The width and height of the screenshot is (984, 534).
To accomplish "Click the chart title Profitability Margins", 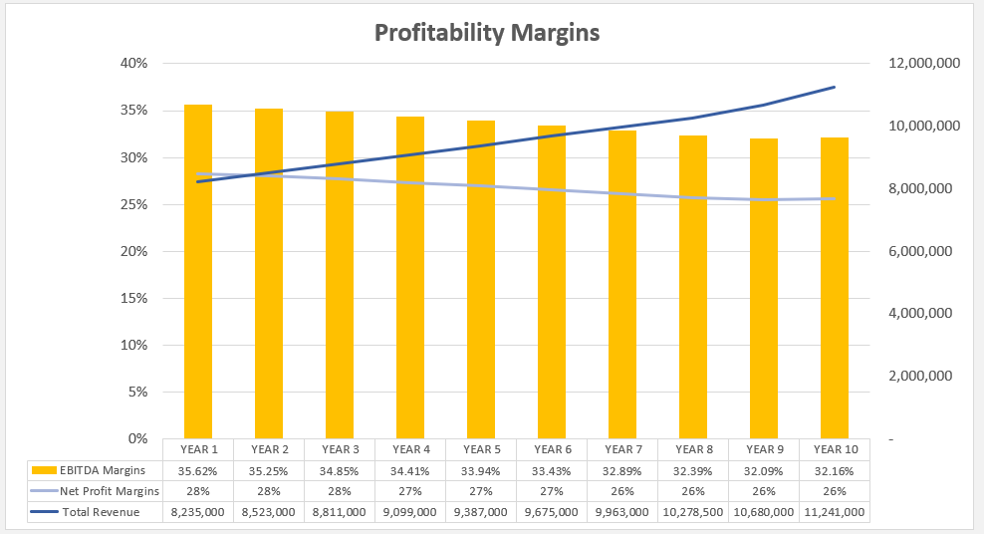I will (487, 33).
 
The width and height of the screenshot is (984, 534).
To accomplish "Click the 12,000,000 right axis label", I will (921, 64).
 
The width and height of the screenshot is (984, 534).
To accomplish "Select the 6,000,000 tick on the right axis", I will (921, 251).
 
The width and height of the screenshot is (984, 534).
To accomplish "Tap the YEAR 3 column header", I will (340, 449).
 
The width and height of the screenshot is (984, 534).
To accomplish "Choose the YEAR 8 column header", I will (693, 449).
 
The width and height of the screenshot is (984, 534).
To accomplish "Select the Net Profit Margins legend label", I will (109, 491).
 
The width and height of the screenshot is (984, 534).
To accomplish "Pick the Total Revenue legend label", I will (100, 512).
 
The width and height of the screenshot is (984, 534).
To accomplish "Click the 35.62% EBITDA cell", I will (198, 470).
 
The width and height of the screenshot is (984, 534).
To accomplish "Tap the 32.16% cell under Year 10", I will (835, 470).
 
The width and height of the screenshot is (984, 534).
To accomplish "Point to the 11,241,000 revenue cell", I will (835, 512).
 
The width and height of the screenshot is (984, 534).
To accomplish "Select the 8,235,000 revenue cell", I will (198, 512).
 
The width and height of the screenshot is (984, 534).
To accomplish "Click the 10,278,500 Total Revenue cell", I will (693, 512).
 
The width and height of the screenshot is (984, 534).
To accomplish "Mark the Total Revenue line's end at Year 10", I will (834, 88).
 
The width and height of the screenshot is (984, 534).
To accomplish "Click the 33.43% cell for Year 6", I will (552, 470).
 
